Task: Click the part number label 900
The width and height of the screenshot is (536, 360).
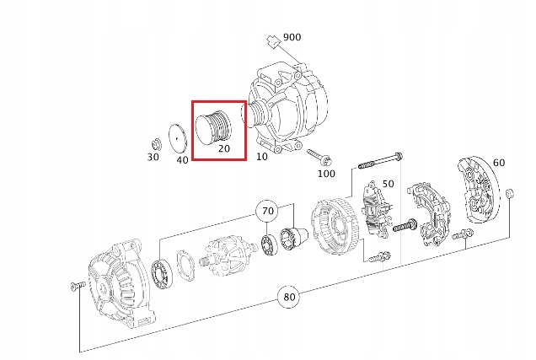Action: click(292, 37)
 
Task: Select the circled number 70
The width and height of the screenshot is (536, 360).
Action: click(268, 212)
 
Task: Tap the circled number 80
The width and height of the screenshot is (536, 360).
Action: click(289, 297)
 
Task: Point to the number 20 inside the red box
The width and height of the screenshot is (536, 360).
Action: click(224, 148)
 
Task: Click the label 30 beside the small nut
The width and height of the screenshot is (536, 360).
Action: click(153, 157)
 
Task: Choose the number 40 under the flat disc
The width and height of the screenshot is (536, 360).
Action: click(182, 159)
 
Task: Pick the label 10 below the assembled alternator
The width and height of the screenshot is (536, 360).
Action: click(262, 157)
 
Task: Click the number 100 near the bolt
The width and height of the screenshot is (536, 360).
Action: click(326, 174)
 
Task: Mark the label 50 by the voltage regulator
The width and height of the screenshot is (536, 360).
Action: click(388, 184)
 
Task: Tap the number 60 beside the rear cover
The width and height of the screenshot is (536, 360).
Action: click(499, 163)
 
